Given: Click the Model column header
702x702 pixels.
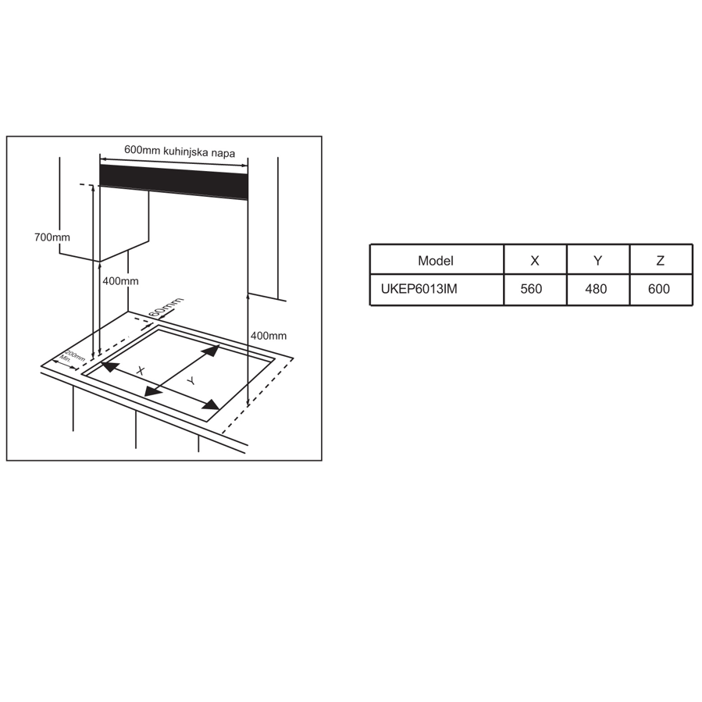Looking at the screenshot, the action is [436, 261].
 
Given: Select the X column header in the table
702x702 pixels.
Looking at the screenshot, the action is [535, 261].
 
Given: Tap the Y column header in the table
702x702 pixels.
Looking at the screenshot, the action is [597, 261].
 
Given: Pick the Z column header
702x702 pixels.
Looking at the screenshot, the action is [661, 261].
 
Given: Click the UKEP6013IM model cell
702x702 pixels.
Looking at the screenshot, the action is [419, 289].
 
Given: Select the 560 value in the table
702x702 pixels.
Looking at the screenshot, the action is [532, 289].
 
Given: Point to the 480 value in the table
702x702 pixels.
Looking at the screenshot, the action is [596, 289].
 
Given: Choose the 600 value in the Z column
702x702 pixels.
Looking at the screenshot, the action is [659, 289].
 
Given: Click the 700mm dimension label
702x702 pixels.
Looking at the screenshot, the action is [52, 237].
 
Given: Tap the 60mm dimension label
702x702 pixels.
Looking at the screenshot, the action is [166, 307].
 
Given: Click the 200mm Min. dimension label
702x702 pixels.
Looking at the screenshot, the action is [72, 357].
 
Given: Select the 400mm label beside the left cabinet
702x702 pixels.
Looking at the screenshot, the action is [120, 281].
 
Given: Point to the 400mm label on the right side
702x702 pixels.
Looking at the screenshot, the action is [269, 336].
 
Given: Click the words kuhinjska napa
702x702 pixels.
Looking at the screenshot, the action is [199, 151].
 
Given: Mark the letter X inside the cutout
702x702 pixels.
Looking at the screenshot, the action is [141, 371].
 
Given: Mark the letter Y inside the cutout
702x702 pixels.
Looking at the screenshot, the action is [191, 381].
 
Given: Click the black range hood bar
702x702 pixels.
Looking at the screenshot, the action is [173, 182].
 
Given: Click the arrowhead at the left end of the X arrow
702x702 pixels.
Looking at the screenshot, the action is [109, 366].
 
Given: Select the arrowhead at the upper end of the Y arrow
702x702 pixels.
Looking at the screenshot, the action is [212, 350].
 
